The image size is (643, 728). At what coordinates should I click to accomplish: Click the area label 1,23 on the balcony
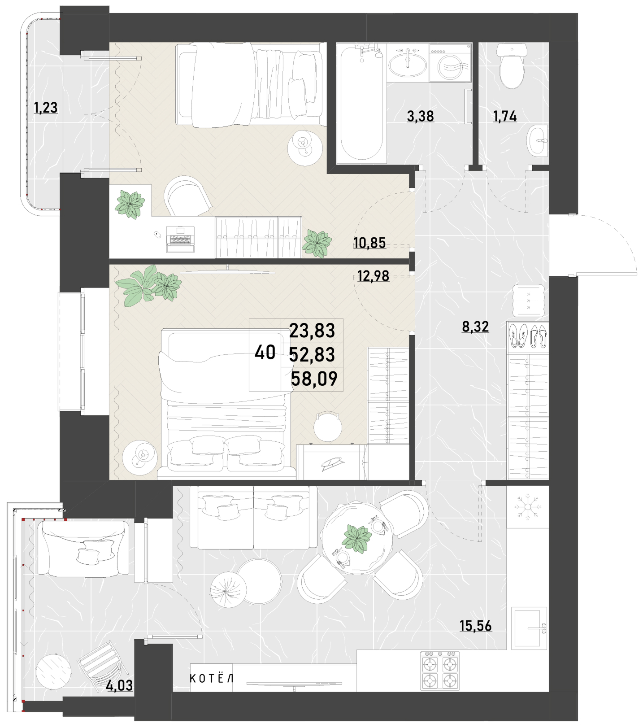click(46, 108)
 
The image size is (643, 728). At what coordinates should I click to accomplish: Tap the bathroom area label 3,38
click(420, 116)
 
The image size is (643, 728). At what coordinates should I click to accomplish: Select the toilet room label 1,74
click(505, 117)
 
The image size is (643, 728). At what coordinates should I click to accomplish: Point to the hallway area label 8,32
click(475, 327)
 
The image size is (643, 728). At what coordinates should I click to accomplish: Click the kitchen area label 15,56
click(476, 626)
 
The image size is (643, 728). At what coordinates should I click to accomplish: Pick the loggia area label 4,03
click(119, 685)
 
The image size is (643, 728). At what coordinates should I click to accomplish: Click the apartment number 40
click(265, 353)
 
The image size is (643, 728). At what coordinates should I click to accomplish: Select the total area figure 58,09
click(314, 379)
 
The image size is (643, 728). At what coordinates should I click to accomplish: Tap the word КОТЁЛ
click(212, 678)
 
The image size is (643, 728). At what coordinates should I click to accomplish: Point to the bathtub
click(361, 104)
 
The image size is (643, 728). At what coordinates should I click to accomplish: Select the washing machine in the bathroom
click(450, 63)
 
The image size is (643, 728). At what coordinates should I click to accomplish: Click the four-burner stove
click(440, 671)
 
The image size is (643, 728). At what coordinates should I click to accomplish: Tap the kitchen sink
click(530, 628)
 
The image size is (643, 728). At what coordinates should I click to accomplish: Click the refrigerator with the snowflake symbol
click(528, 507)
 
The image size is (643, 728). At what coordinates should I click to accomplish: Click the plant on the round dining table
click(357, 538)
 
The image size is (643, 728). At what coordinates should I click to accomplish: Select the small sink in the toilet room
click(538, 140)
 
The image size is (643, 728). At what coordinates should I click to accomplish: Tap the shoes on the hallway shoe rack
click(528, 335)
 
